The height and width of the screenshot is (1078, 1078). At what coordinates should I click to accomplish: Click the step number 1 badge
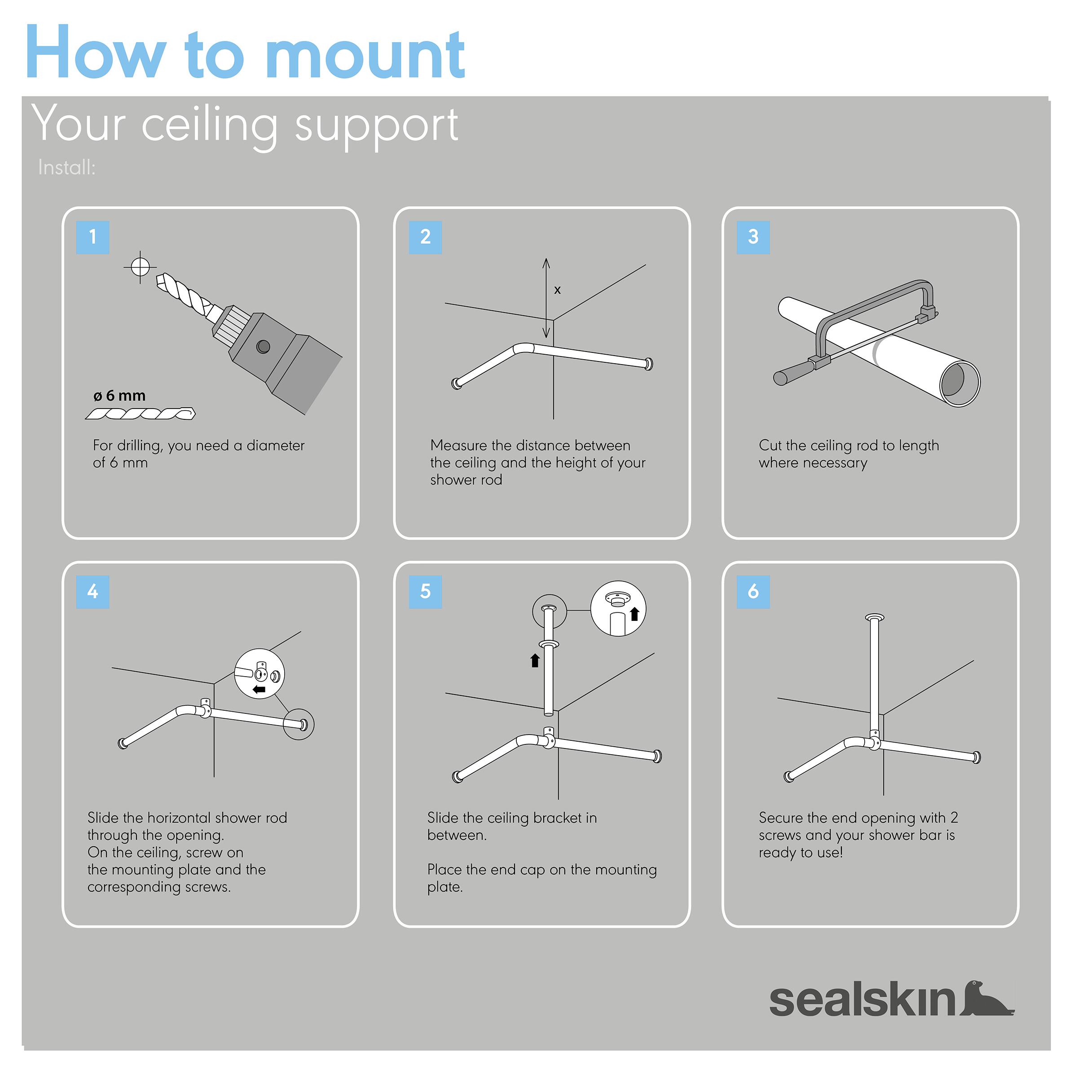coord(92,238)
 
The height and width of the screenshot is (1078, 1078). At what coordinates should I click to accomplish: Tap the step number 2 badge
coord(425,238)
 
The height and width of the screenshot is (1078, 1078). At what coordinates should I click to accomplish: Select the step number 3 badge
coord(753,238)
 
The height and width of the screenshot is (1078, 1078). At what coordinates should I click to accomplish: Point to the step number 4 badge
coord(92,591)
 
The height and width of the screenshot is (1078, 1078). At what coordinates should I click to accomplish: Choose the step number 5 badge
coord(425,591)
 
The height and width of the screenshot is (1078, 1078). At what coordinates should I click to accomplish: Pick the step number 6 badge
coord(753,591)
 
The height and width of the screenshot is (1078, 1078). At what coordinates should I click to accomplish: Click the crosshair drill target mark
coord(140,267)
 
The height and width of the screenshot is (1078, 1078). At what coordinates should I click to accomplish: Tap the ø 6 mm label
coord(119,396)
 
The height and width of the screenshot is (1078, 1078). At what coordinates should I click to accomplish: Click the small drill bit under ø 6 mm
coord(141,414)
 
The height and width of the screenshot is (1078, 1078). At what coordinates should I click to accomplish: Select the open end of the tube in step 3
coord(960,383)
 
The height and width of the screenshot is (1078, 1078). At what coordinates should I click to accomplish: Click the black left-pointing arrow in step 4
coord(259,690)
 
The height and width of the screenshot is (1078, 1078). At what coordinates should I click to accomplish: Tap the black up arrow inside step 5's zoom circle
coord(634,614)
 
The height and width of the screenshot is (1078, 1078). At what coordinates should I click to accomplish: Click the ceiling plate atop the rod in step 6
coord(874,618)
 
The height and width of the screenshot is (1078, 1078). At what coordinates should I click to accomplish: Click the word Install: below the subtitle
coord(66,167)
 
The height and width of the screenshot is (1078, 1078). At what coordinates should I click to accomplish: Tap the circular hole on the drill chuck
coord(264,347)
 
